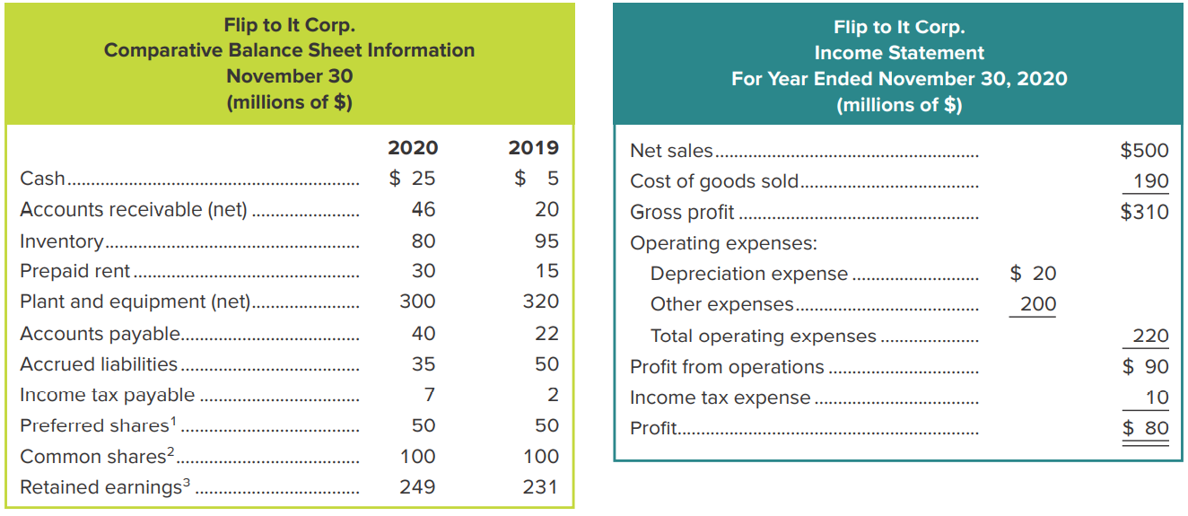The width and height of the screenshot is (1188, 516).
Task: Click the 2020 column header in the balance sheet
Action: (x=413, y=148)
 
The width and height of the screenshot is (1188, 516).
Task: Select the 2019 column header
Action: (x=533, y=148)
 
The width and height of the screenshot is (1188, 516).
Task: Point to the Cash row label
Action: (x=42, y=179)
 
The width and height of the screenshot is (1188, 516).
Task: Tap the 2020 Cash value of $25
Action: (x=413, y=179)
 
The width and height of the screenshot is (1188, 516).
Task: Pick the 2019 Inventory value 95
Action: (x=546, y=241)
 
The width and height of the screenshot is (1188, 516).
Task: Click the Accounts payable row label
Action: (x=100, y=334)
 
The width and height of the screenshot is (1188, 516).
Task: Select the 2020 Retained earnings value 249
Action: (x=417, y=486)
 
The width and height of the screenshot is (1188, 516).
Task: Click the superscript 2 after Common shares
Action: (x=170, y=450)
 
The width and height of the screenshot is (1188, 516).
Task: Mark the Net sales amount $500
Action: (x=1144, y=151)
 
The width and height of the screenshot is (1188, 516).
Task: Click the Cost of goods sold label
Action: (x=714, y=181)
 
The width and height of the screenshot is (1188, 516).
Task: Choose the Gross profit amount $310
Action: (x=1144, y=212)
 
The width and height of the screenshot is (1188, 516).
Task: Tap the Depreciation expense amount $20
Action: (x=1033, y=274)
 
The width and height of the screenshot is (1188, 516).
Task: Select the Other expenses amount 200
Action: (x=1038, y=304)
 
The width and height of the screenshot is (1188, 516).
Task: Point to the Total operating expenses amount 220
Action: (x=1150, y=337)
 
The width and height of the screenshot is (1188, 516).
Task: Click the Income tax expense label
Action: (x=720, y=398)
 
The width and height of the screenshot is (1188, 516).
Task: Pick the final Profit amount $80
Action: (x=1146, y=428)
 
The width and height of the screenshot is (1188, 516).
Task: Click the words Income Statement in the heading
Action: (x=899, y=53)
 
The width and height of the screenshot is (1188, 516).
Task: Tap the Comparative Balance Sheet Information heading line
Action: (x=289, y=50)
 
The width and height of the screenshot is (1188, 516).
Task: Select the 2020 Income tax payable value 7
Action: (x=429, y=395)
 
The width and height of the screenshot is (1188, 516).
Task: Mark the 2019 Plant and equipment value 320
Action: (x=541, y=302)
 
